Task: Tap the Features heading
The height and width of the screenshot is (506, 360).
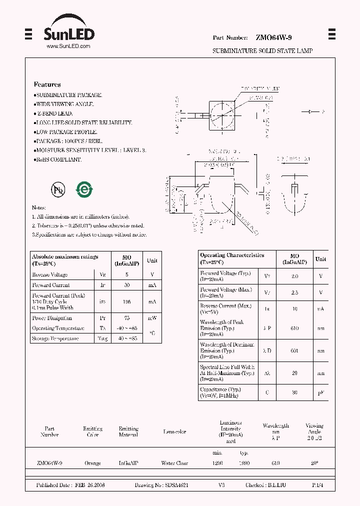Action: pos(47,84)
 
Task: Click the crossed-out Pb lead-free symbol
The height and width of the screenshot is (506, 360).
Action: pos(58,189)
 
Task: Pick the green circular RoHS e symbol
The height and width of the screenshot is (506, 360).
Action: pos(83,189)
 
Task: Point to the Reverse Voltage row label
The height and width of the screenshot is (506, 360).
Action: pos(50,274)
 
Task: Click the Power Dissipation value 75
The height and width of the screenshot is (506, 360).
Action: pos(126,318)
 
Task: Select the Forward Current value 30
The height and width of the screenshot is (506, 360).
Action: pos(126,285)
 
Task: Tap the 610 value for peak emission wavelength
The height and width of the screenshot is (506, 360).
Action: pos(294,328)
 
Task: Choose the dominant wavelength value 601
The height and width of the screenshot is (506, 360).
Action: pos(294,350)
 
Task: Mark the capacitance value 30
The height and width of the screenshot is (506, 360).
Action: pos(294,392)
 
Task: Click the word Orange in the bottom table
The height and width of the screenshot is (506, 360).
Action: pos(92,463)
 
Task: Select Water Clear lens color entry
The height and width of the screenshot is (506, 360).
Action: pos(174,463)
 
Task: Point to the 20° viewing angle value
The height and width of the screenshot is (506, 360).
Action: pos(314,463)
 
